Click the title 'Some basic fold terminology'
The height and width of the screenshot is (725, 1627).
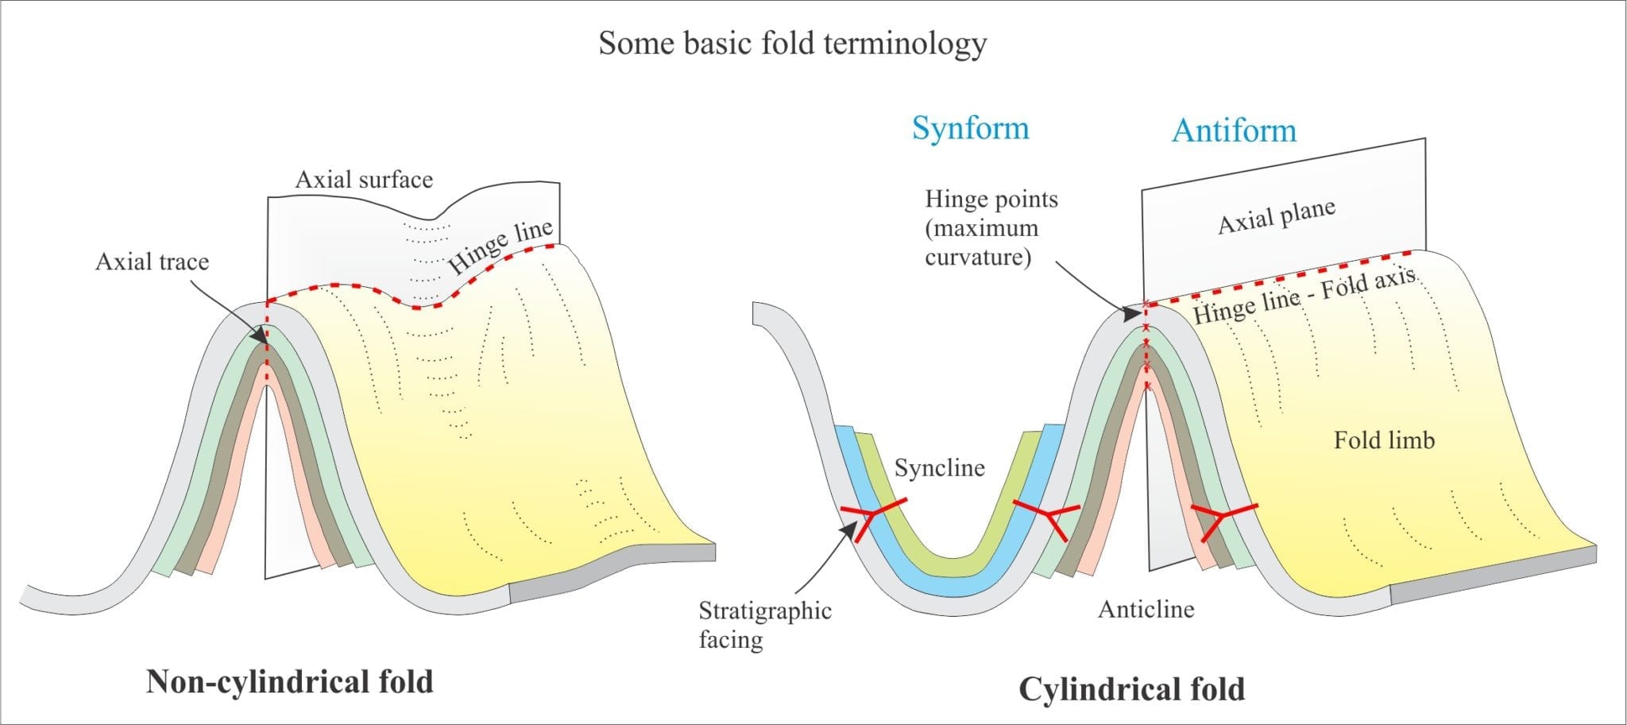point(792,43)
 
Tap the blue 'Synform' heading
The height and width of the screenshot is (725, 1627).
point(970,128)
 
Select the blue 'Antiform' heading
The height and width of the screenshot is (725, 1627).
point(1234,130)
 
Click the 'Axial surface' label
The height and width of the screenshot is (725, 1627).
point(364,180)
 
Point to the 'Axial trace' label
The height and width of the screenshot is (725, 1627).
point(152,262)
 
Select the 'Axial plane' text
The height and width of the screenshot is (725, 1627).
point(1277,216)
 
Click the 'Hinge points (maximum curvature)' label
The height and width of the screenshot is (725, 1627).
point(991,227)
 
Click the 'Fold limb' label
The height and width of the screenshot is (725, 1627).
point(1384,440)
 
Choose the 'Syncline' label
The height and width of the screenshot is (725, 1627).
point(939,467)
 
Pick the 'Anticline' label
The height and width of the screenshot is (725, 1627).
point(1146,609)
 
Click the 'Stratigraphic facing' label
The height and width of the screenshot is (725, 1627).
point(764,624)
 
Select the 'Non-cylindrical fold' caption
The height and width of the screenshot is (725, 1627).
point(289,681)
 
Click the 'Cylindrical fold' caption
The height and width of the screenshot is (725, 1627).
point(1131,688)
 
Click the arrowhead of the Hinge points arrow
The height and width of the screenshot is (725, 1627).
point(1128,312)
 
